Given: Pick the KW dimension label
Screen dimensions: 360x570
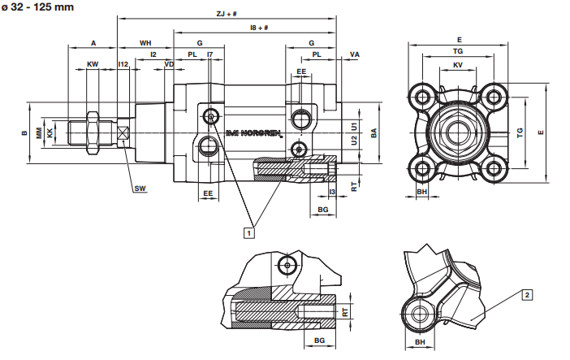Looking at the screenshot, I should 93,63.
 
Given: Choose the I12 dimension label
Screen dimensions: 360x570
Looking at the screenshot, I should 123,63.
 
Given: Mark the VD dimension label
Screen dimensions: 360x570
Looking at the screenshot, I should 169,63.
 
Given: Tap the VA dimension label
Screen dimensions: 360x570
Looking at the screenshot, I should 355,54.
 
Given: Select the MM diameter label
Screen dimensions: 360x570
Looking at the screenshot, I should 38,132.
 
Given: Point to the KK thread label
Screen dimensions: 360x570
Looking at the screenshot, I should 50,132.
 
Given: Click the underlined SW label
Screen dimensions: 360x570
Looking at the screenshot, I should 140,189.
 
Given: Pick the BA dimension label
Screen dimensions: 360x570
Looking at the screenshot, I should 374,132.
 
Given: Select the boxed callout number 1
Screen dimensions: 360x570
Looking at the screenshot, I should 249,232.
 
